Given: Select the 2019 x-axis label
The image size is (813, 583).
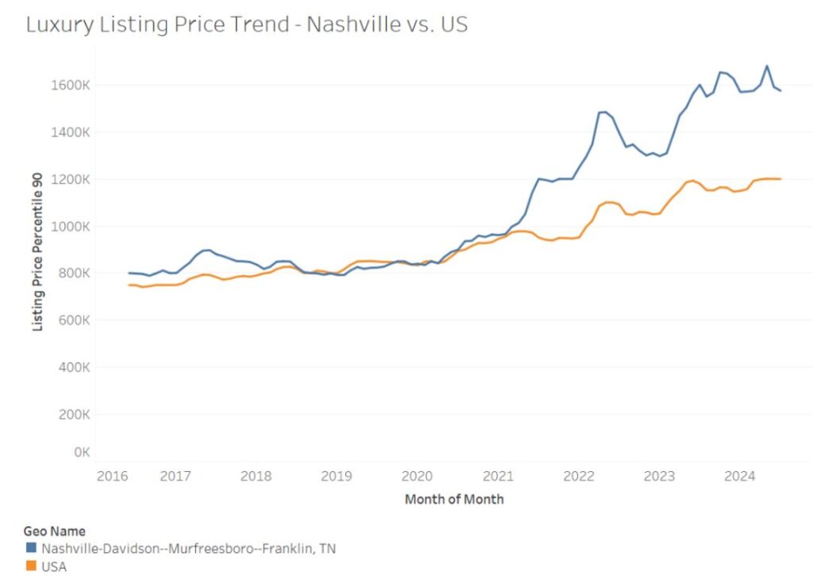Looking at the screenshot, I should tap(337, 476).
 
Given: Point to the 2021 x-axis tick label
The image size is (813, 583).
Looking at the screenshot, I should tap(498, 476).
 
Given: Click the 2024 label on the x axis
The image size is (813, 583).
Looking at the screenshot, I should tap(740, 476).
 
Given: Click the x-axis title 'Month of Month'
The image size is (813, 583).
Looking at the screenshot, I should tap(454, 500).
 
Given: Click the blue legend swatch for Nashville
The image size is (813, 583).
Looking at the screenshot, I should tap(32, 548).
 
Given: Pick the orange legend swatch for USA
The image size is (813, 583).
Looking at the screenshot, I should tap(32, 567).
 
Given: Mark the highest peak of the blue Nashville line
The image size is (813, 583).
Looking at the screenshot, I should tap(766, 66).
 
